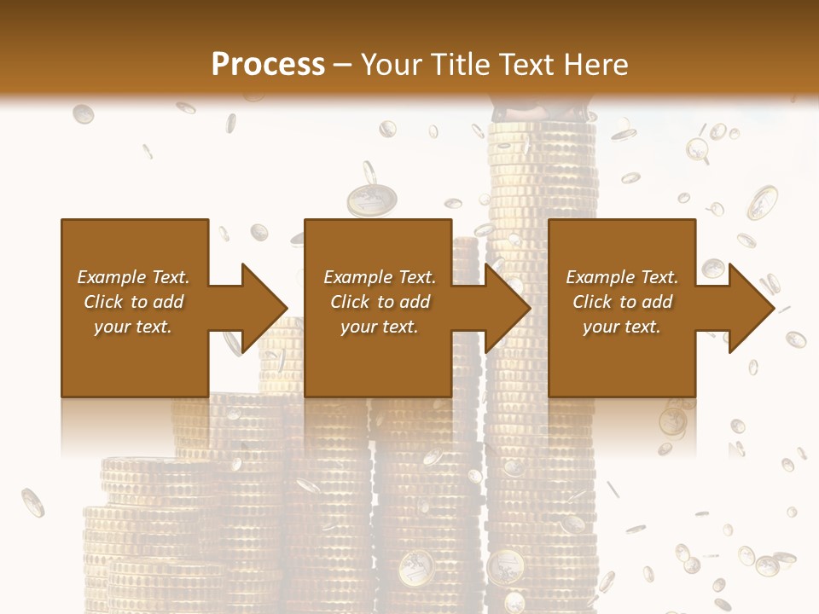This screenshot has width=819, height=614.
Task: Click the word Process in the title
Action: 268,65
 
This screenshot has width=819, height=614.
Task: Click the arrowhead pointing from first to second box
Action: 265,308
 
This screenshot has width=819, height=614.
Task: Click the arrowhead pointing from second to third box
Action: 508,308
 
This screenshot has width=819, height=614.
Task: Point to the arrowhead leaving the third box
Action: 752,308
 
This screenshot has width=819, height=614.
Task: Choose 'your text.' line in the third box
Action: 621,327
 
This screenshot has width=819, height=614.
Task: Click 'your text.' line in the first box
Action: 133,327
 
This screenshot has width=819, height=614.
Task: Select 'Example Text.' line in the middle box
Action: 380,277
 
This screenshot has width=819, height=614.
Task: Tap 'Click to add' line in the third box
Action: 622,302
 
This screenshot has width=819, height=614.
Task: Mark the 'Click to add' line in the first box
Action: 134,302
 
